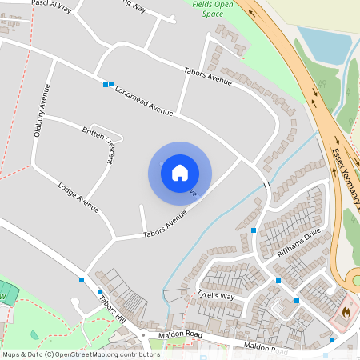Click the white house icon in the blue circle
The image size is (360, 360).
(x=180, y=173)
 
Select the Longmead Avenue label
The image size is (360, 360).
(x=143, y=101)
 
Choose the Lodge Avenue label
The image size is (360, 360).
(x=78, y=198)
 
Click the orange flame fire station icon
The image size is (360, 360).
(x=346, y=310)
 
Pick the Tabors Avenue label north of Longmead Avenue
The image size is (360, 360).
(x=209, y=76)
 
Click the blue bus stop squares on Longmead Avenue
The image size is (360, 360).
(x=108, y=83)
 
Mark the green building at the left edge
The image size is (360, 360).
(x=7, y=293)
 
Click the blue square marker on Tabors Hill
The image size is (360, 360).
(x=100, y=291)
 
